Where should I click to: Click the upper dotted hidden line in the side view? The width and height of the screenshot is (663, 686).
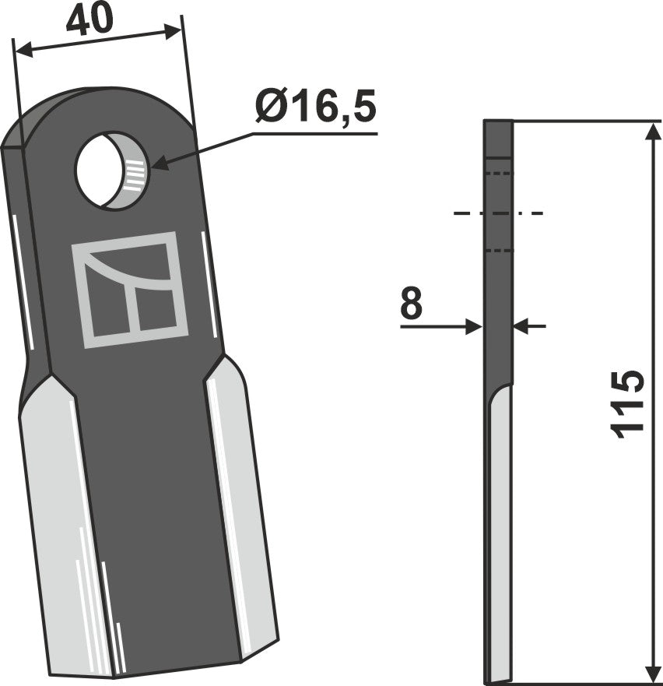[x=498, y=173]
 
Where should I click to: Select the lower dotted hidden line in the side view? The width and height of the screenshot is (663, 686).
[x=498, y=251]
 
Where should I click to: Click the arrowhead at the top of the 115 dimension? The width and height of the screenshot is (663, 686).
[x=650, y=129]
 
